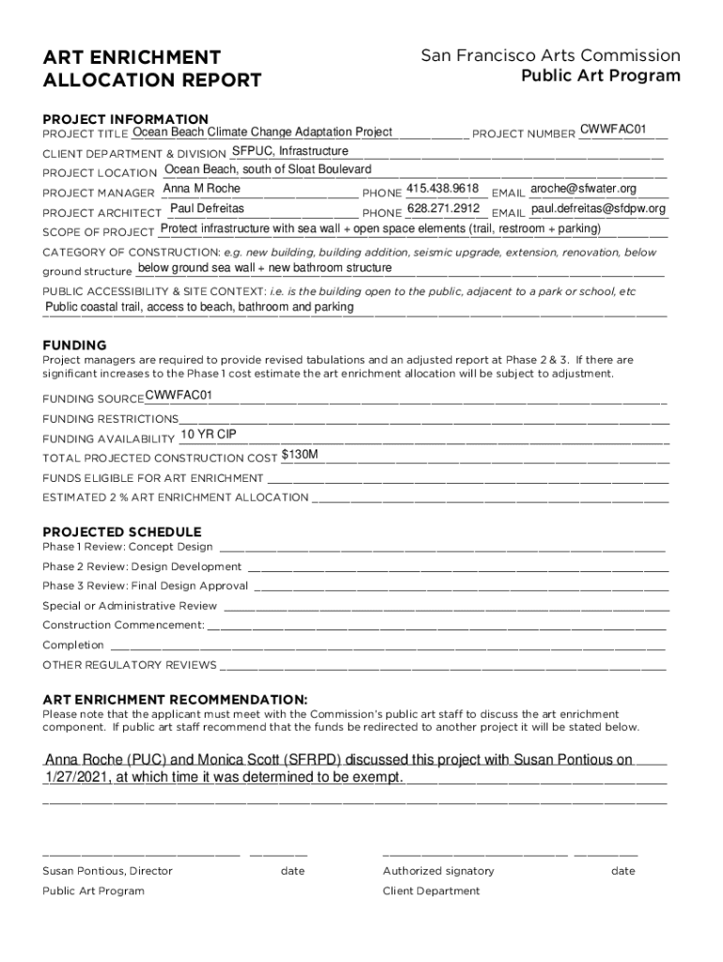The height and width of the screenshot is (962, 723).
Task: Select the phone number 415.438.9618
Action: (443, 189)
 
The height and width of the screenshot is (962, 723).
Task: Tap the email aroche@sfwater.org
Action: (583, 189)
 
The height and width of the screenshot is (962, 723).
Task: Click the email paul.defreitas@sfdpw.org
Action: (592, 209)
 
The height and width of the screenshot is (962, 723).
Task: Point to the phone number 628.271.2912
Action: (444, 209)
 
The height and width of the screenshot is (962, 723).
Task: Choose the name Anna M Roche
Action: (202, 189)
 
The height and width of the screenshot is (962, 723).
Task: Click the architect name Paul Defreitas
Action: (207, 208)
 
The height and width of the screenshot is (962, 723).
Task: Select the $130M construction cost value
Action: (300, 455)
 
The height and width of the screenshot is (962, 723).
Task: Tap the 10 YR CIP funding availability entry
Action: (208, 434)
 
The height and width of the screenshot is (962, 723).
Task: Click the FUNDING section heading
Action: (74, 345)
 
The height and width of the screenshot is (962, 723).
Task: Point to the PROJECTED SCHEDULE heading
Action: (122, 532)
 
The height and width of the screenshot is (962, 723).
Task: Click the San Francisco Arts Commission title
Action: (550, 56)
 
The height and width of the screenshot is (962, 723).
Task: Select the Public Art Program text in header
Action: (601, 76)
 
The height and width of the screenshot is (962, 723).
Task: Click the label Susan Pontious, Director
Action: (107, 871)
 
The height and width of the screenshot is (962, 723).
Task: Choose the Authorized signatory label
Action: (438, 871)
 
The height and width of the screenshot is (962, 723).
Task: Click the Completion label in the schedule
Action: (73, 645)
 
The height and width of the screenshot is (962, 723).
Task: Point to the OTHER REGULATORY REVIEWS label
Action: (130, 665)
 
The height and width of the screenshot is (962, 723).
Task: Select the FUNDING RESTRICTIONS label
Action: (110, 419)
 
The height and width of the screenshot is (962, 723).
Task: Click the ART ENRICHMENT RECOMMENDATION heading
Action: (176, 700)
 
